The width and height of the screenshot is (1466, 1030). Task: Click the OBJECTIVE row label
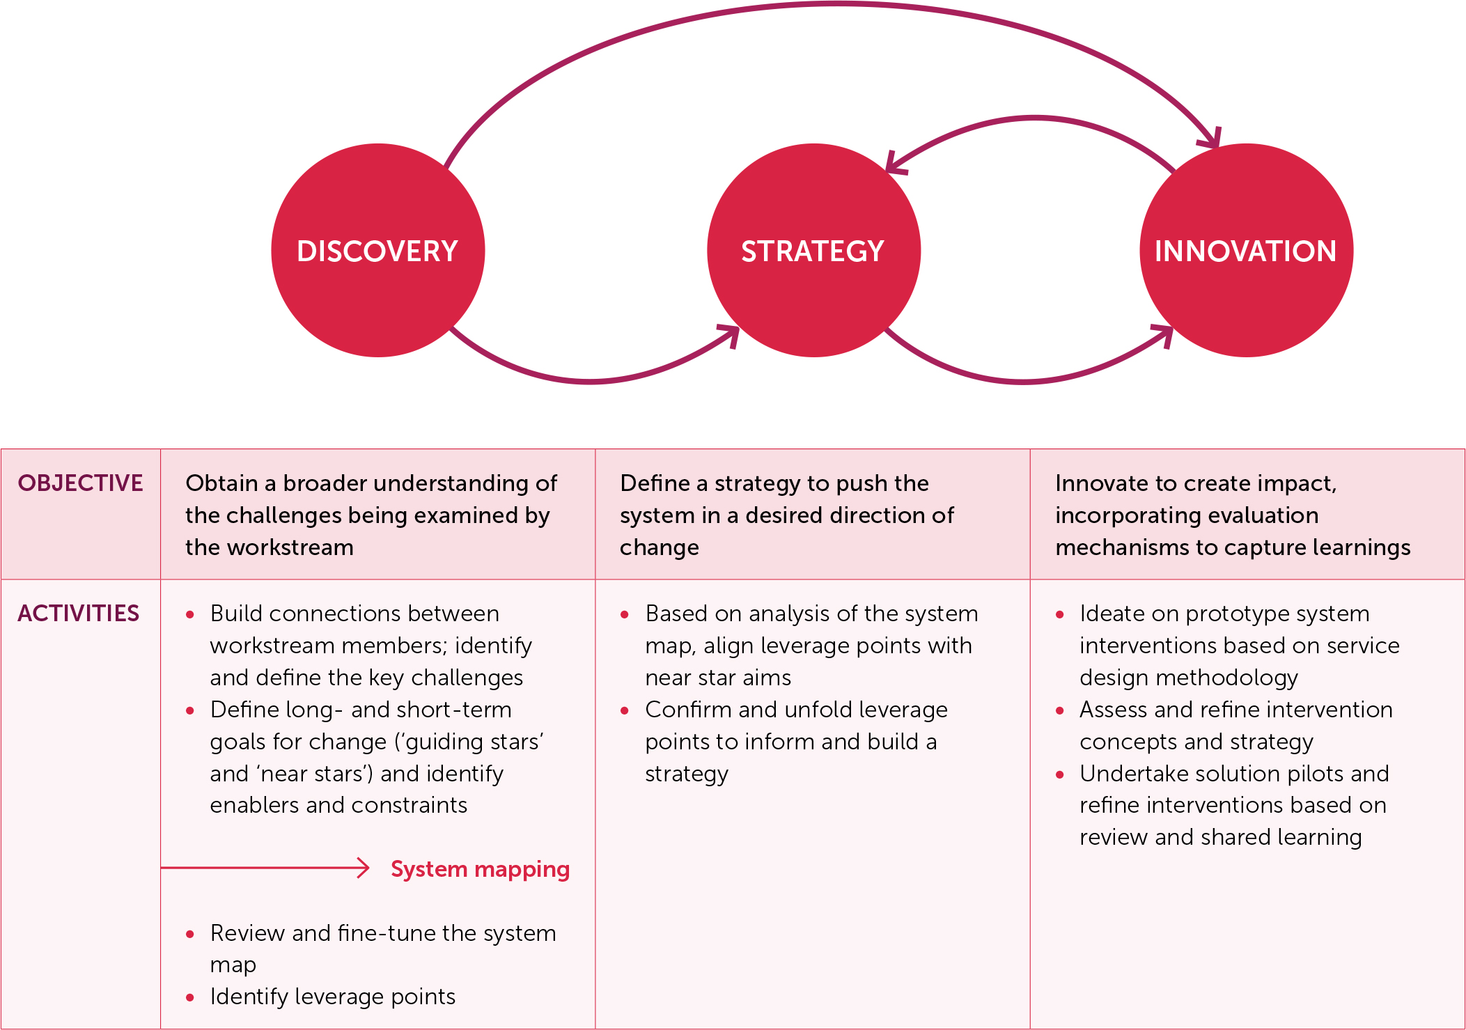(x=80, y=483)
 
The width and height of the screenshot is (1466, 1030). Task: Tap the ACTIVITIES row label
(x=78, y=614)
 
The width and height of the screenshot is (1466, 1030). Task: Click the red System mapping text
(x=480, y=869)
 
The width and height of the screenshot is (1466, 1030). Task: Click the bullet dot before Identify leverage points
(x=190, y=998)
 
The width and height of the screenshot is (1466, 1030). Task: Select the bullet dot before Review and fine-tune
(x=190, y=935)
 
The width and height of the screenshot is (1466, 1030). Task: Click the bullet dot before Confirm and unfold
(x=625, y=711)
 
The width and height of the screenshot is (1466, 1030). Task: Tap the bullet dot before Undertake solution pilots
(x=1059, y=775)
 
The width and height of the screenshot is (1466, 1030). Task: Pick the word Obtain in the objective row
(x=220, y=483)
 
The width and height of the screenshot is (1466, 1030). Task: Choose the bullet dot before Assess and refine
(x=1059, y=711)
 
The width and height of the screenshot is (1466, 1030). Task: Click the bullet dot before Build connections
(x=190, y=615)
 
